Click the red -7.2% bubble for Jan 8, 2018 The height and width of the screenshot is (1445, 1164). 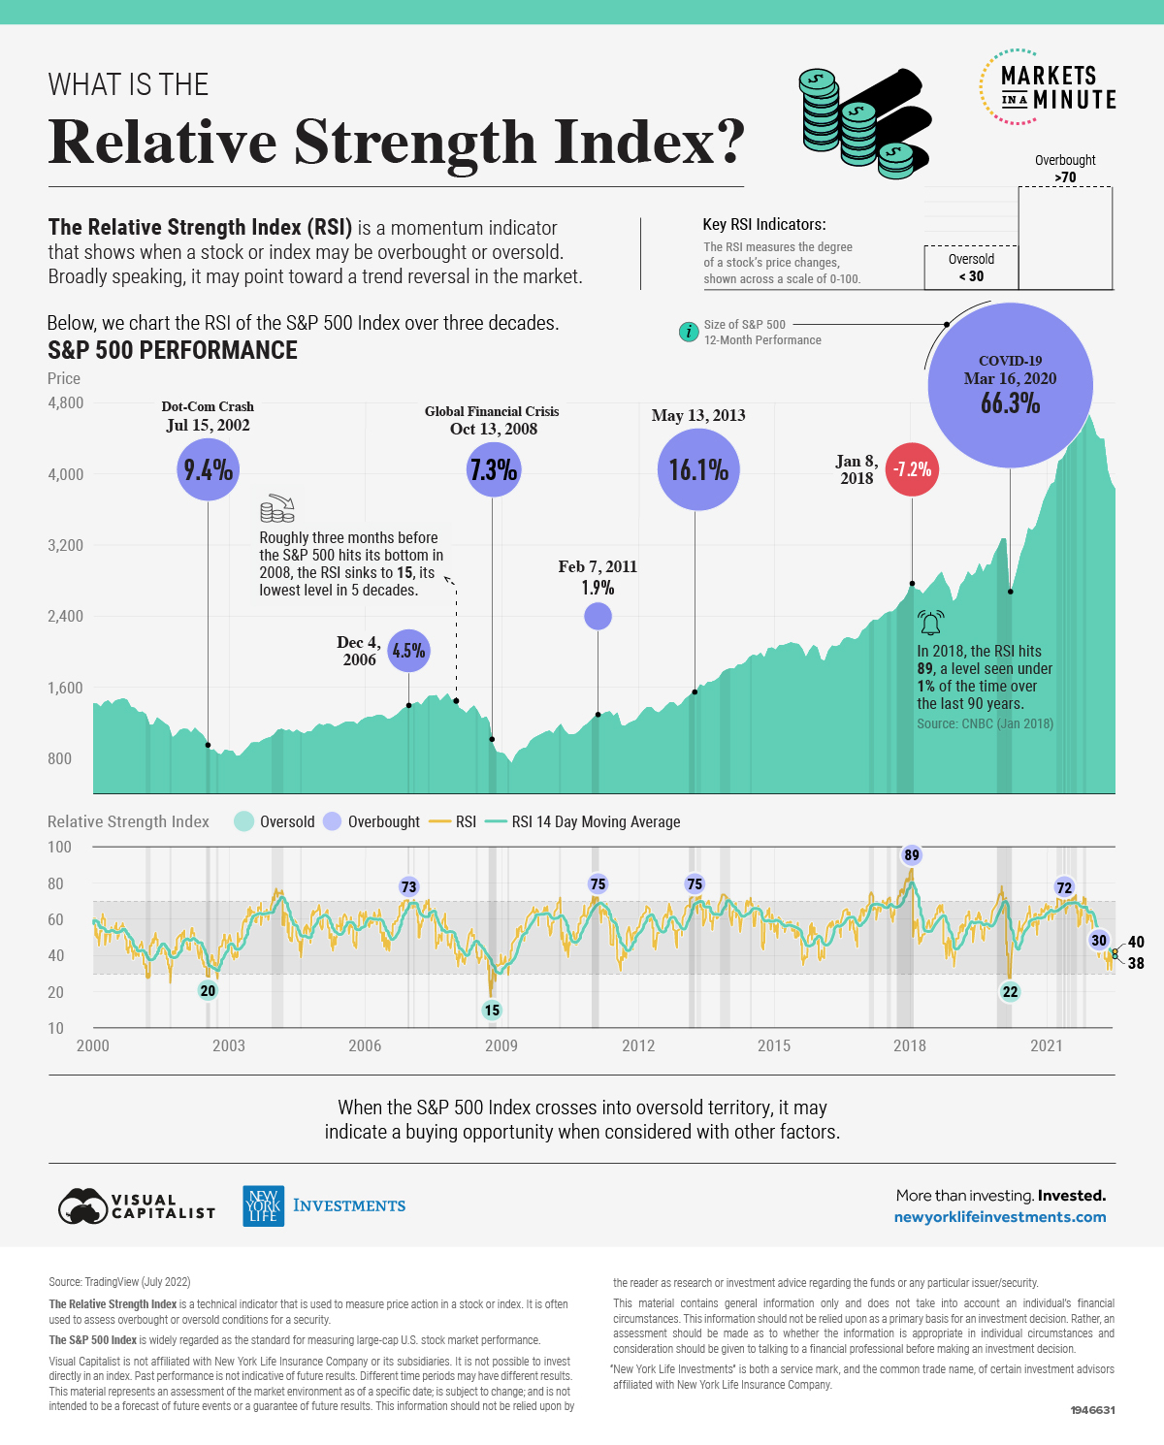(912, 469)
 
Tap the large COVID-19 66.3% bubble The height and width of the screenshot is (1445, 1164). (1010, 385)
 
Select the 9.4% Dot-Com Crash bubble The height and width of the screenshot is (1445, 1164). (208, 469)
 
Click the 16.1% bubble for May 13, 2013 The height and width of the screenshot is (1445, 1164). (698, 469)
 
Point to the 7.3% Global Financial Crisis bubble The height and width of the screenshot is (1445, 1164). (493, 469)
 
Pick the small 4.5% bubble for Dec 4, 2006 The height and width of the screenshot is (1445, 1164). (408, 651)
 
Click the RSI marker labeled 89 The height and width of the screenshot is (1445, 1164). (911, 854)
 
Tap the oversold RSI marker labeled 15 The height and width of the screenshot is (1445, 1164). (492, 1010)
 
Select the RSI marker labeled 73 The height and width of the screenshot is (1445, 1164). (408, 886)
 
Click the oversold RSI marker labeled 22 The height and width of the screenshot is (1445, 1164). (1010, 991)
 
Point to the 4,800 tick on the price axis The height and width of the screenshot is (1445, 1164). (66, 402)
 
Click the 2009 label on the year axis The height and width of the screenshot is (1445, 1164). (501, 1045)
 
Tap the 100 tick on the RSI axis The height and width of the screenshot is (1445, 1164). (59, 847)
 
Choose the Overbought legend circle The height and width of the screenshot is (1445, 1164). (333, 821)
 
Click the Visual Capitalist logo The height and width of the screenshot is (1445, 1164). (136, 1206)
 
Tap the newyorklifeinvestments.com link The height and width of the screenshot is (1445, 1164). (999, 1217)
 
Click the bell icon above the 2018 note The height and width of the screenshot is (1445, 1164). (930, 623)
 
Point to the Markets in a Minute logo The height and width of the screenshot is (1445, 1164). (1048, 87)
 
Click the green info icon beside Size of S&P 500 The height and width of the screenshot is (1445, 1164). (688, 332)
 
